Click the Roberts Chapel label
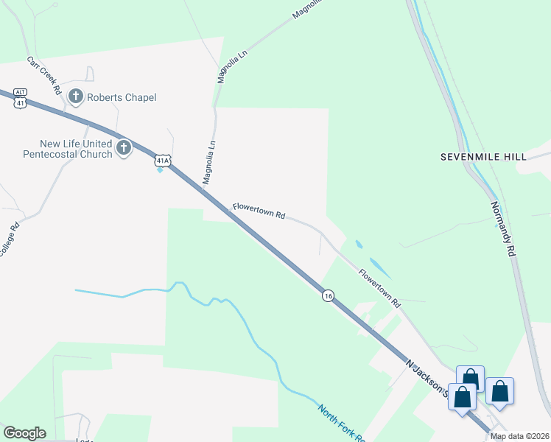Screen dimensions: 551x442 tap(122, 97)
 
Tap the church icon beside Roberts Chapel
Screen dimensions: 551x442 tap(75, 96)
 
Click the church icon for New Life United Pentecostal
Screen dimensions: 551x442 tap(123, 148)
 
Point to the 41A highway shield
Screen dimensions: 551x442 tap(164, 159)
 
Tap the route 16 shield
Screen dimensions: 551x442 tap(329, 295)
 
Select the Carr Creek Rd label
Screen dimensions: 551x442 tap(44, 75)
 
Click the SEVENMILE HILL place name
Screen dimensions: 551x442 tap(483, 157)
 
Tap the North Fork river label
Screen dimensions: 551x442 tap(341, 422)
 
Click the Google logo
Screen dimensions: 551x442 tap(24, 433)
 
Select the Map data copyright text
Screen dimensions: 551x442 tap(519, 436)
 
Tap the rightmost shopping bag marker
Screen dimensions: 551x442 tap(500, 391)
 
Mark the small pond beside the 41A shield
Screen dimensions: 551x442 tap(160, 171)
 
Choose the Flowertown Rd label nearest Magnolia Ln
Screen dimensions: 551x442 tap(259, 211)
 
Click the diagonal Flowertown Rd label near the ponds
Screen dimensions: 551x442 tap(379, 287)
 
